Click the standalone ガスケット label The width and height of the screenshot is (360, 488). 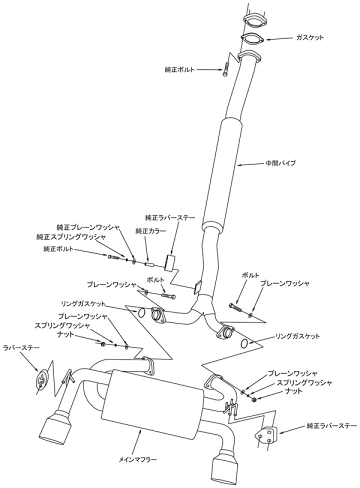click(x=310, y=37)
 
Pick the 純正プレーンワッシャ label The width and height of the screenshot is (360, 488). click(x=87, y=227)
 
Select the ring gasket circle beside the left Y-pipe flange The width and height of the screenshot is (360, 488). click(x=141, y=313)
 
